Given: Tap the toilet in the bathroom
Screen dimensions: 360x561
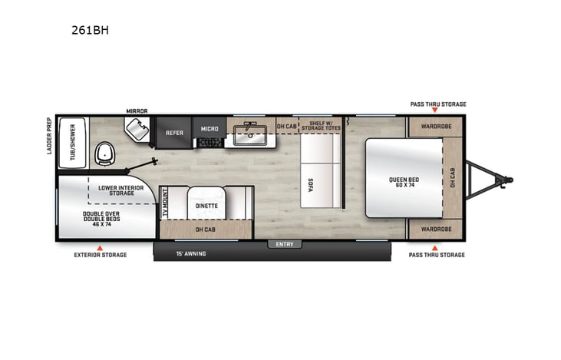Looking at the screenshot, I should [104, 154].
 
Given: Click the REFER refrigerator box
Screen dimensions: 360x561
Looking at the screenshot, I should [174, 133].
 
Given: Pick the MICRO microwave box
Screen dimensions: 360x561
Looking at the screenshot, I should [210, 129].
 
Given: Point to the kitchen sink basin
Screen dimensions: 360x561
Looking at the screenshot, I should [250, 139].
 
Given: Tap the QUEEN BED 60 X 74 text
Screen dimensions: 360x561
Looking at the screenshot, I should [402, 182].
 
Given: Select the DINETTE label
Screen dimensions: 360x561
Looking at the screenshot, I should [206, 206].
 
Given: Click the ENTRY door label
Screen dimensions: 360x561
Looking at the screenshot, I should [285, 244].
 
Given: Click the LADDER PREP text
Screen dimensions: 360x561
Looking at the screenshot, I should [48, 136].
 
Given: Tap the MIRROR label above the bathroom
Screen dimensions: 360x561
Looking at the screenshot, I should [137, 111].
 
